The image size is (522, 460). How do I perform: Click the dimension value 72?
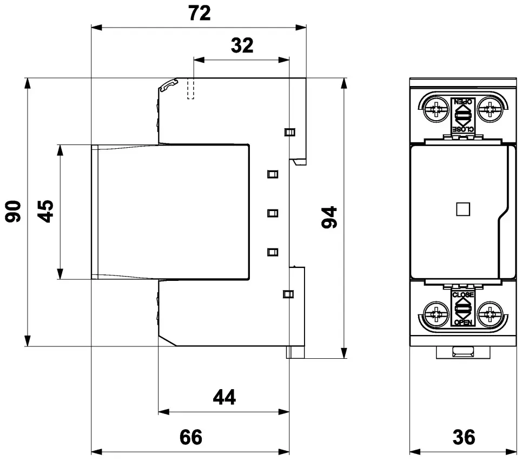coord(200,13)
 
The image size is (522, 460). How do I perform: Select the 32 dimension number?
coord(242,45)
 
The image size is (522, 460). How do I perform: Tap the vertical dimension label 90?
coord(13,211)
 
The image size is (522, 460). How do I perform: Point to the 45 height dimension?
coord(45,211)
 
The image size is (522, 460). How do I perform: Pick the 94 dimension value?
coord(329,217)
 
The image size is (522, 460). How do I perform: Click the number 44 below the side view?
coord(224,397)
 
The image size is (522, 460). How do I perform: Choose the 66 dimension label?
coord(191,437)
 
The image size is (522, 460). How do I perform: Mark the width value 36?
coord(464,437)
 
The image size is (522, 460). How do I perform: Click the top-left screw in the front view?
coord(436,109)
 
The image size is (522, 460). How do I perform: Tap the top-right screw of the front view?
coord(490,109)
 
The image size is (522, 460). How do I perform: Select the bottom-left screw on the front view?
coord(436,314)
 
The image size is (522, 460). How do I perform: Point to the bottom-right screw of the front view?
coord(490,314)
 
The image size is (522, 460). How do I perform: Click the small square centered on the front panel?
coord(462,209)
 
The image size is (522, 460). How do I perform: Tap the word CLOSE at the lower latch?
coord(462,295)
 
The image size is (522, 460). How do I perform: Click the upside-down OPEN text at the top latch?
coord(462,101)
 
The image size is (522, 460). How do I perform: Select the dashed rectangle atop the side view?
coord(191,89)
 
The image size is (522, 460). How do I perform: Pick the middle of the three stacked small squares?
coord(273,213)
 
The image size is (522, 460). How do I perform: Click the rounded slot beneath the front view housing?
coord(462,352)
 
